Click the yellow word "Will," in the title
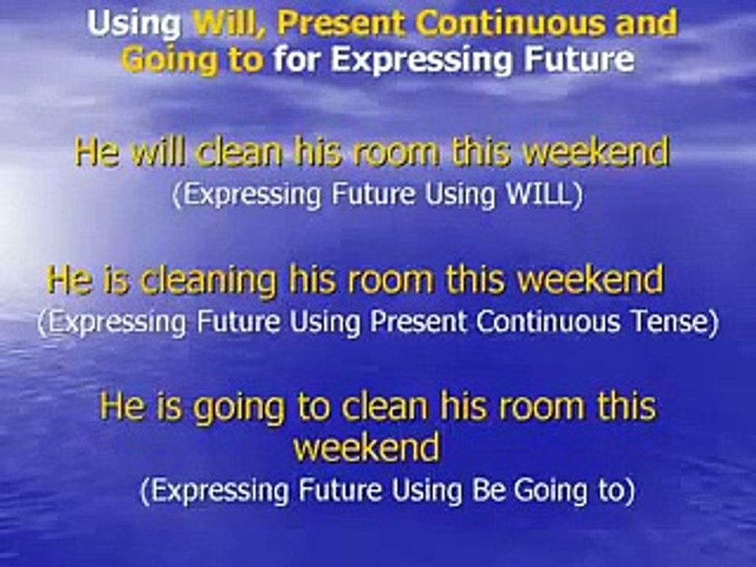pos(229,24)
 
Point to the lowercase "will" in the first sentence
pos(157,153)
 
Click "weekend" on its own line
pos(366,449)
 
